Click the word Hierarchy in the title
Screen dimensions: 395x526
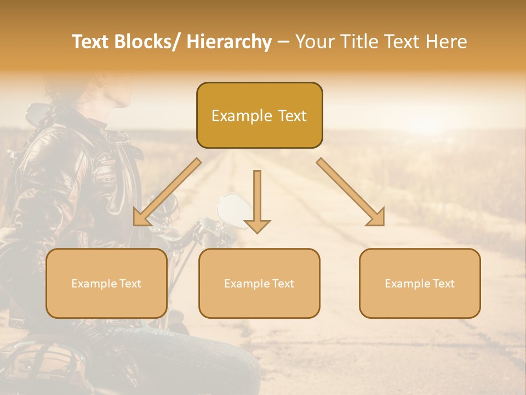(229, 42)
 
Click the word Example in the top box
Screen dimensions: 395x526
(242, 116)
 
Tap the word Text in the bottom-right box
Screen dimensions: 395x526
(443, 284)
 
